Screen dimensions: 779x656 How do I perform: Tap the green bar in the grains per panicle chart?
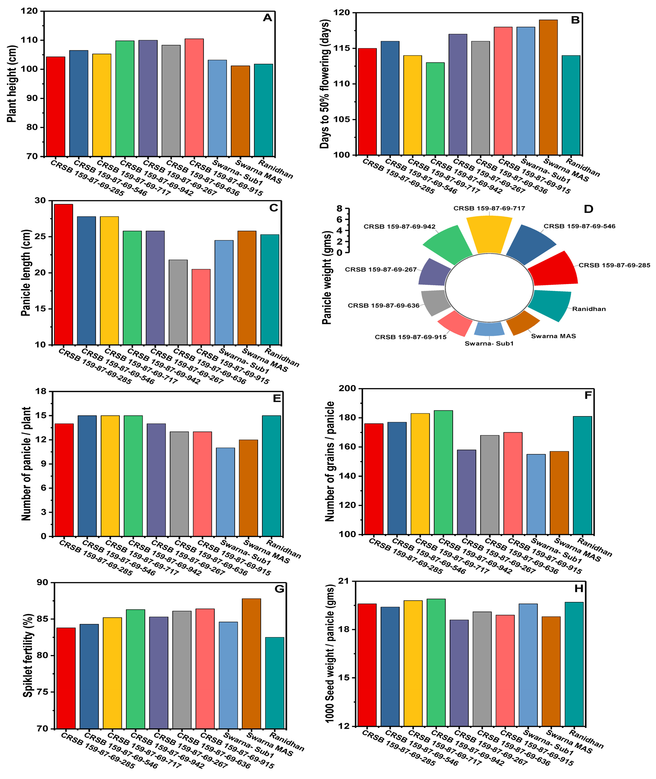point(443,472)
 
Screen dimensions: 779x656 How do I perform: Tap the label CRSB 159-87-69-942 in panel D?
point(399,226)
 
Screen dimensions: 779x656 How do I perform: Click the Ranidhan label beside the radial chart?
point(589,309)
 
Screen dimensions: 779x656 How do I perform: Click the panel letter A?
point(267,18)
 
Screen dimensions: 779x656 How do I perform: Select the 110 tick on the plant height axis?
point(32,40)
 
